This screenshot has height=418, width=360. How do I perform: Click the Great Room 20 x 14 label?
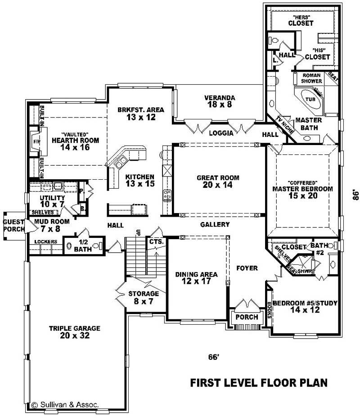[218, 181]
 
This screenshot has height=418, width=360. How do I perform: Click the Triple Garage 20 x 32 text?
[75, 332]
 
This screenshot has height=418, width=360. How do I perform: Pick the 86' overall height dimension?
[355, 194]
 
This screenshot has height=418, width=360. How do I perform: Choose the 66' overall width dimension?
[213, 357]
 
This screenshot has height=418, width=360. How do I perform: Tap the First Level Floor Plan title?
[259, 383]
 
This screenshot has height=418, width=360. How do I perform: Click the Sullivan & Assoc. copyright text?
[65, 404]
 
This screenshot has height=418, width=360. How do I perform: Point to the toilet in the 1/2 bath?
[69, 246]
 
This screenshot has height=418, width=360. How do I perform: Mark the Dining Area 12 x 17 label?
[196, 278]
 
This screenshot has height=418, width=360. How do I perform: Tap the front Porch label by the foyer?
[246, 317]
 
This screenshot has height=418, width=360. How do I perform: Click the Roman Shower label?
[312, 78]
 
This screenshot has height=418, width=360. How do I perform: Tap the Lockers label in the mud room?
[46, 242]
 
